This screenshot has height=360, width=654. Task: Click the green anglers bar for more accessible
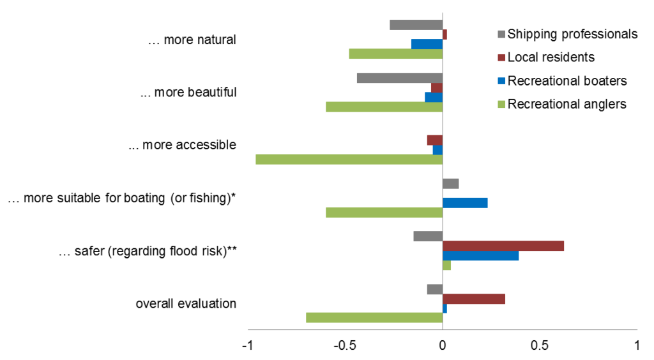349,159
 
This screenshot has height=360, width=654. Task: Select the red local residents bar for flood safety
503,246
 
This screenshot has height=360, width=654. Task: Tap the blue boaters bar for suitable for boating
465,203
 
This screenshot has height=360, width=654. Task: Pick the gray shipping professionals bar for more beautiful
400,78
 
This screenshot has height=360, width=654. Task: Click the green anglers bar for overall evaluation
374,317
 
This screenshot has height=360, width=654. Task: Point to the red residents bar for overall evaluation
474,299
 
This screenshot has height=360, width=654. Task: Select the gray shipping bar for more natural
416,25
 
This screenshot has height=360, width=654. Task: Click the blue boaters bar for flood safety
480,255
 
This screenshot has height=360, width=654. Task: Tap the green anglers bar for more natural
396,54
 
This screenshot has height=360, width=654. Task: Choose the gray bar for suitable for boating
450,184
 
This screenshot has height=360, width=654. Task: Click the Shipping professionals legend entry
572,34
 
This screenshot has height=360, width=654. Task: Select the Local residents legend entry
551,57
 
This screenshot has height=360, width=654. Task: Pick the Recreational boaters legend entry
567,81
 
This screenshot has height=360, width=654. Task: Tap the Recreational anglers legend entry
567,104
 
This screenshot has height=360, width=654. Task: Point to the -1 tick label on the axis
248,345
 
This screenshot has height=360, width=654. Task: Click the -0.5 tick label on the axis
345,345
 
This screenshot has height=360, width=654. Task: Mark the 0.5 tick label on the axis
540,345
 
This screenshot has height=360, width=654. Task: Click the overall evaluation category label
186,304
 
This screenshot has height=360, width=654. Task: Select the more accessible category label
182,145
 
